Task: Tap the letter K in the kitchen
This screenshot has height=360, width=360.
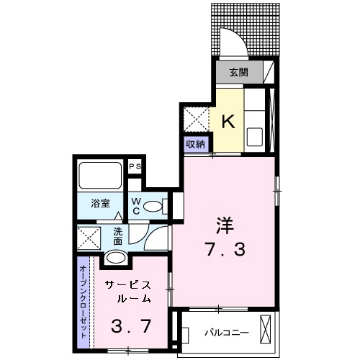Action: (x=228, y=122)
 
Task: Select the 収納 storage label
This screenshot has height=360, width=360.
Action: (x=197, y=143)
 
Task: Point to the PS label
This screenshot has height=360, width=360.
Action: (x=134, y=167)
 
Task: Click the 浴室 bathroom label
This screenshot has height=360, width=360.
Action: (x=100, y=204)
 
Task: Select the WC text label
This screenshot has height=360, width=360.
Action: (x=135, y=207)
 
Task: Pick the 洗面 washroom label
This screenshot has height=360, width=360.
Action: (x=117, y=237)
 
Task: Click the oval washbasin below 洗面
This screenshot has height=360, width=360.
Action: (x=116, y=258)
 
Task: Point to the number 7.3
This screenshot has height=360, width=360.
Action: (x=223, y=251)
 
